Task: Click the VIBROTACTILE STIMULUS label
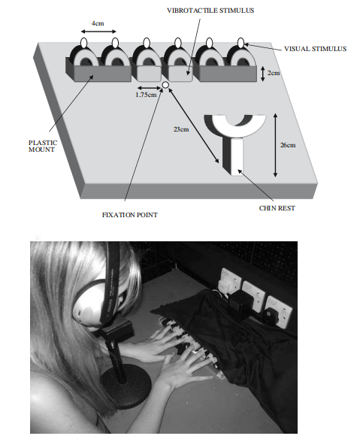210,11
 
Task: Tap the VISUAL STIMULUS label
315,49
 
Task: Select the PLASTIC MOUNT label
43,146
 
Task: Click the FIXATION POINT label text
130,215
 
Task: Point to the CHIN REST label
277,208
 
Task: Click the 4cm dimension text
98,23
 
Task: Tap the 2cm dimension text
274,73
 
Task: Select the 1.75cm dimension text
146,95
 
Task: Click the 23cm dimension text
181,129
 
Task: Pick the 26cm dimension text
288,145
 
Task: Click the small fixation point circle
165,85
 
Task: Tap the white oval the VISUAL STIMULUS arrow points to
241,43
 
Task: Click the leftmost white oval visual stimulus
84,43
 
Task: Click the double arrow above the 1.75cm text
149,88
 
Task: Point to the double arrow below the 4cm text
98,32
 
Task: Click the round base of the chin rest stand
125,386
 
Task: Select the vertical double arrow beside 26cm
275,145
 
